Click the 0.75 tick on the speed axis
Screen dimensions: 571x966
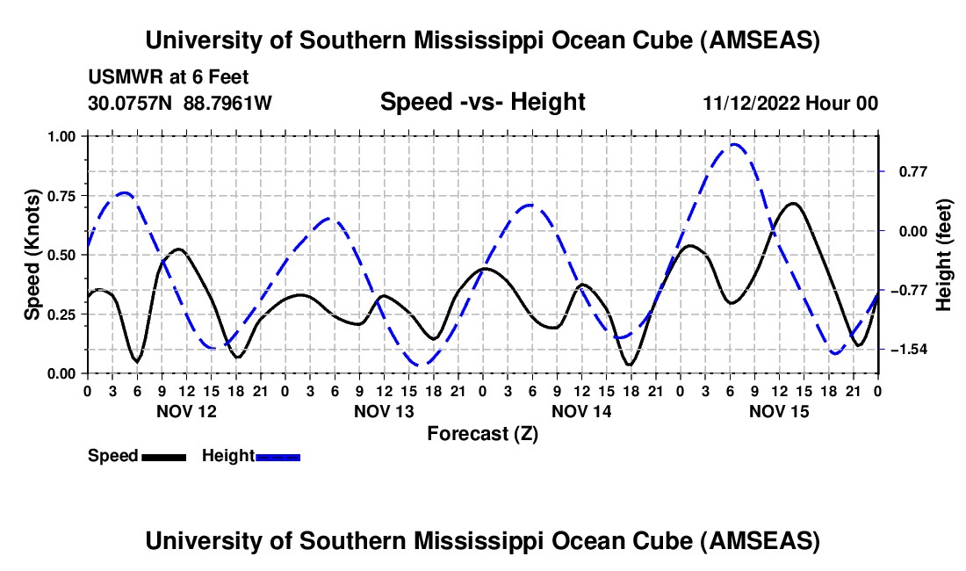[61, 195]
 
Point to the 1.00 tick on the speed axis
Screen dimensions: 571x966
[61, 136]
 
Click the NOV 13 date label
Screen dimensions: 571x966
[383, 410]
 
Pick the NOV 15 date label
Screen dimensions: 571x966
[778, 410]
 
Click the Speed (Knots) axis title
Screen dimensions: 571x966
[32, 255]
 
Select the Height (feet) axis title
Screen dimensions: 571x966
[945, 255]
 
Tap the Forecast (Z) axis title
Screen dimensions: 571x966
[482, 433]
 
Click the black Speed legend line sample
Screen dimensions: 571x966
[163, 457]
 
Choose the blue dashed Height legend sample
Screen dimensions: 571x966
[278, 457]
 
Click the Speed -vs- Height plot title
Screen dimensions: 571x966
[482, 102]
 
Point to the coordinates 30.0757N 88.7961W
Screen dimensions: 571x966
[180, 103]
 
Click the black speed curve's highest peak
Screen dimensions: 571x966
[793, 204]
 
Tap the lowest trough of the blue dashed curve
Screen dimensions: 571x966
[422, 364]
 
